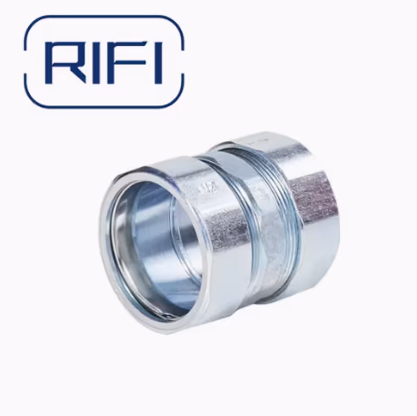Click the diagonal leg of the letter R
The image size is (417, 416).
[78, 76]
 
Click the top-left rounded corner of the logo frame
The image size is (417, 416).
[32, 23]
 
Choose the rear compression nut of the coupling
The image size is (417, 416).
[313, 209]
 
